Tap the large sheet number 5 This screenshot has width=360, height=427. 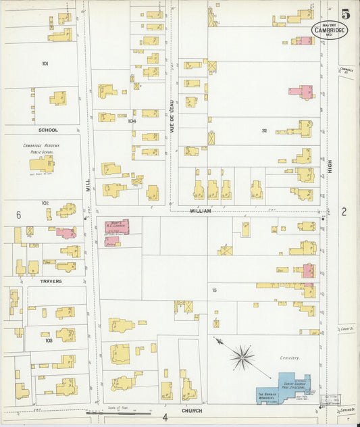(x=345, y=13)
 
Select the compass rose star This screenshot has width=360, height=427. (x=242, y=356)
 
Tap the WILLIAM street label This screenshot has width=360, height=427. (x=200, y=211)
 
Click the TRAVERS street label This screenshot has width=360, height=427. (x=50, y=281)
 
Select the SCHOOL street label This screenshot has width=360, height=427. (x=48, y=130)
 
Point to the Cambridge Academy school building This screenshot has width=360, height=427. (x=42, y=164)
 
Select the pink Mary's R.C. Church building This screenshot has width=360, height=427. (x=116, y=226)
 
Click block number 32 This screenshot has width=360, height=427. (x=265, y=130)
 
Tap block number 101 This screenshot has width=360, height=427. (x=45, y=64)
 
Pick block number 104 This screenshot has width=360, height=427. (x=132, y=121)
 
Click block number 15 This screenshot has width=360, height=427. (x=214, y=290)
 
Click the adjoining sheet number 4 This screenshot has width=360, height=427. (x=164, y=418)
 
